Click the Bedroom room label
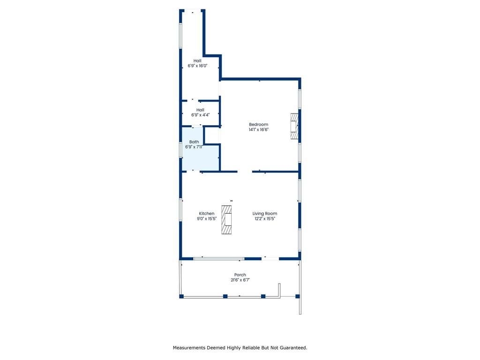(258, 125)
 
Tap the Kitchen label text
(207, 214)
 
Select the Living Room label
(265, 214)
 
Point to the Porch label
(240, 275)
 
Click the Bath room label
(194, 142)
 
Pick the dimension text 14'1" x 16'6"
(259, 130)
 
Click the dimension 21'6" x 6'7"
(240, 280)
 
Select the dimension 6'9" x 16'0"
(197, 66)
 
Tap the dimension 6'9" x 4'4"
(201, 115)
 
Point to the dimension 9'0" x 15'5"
(207, 218)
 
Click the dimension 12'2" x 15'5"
(265, 218)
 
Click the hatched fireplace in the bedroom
(294, 127)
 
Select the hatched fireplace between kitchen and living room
(226, 220)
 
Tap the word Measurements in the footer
(189, 348)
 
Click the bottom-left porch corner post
(181, 296)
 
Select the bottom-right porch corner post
(297, 296)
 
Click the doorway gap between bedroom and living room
(245, 172)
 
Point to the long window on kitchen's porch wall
(218, 259)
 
